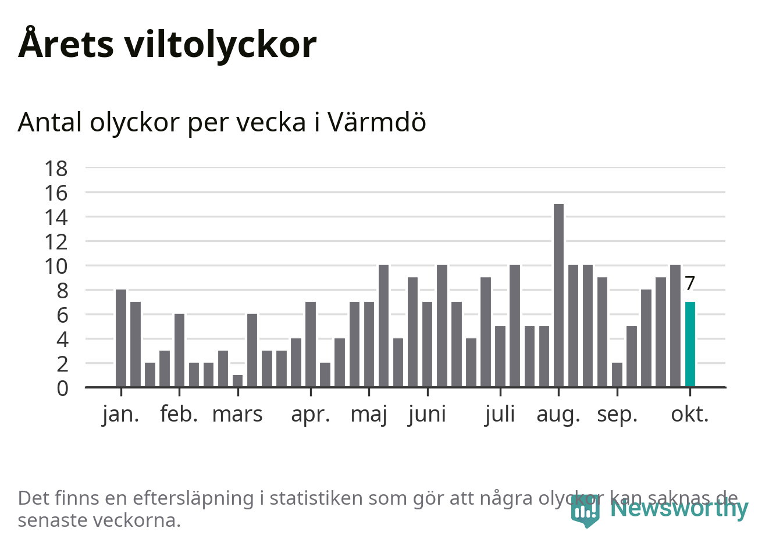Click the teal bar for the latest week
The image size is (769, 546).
[690, 344]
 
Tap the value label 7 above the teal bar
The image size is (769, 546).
[690, 283]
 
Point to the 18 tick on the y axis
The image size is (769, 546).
[56, 169]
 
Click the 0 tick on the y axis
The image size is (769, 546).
[62, 388]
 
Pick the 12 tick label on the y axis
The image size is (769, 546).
[56, 242]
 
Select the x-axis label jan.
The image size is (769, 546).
[121, 415]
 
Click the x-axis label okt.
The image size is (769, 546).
[690, 415]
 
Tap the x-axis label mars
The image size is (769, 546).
[237, 415]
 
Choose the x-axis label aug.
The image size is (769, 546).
[558, 415]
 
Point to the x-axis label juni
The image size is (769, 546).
[427, 415]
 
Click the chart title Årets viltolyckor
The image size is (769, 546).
[168, 44]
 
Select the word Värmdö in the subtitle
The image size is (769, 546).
[376, 122]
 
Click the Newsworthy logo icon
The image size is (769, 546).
[585, 511]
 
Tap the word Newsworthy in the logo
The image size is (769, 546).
[679, 508]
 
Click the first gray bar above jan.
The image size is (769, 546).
[121, 338]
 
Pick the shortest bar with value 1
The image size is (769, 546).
[237, 381]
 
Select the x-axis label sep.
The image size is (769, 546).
[617, 415]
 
